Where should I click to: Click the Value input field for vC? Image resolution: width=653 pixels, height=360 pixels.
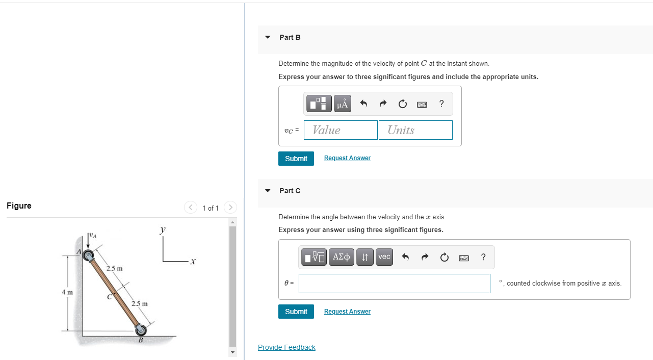[341, 130]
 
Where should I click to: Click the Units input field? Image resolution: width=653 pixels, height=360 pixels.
[415, 130]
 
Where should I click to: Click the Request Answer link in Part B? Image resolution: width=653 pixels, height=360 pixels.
[347, 158]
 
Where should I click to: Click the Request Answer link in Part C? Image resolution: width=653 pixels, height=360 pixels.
[347, 312]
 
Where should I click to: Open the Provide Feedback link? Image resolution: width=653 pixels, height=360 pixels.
[286, 347]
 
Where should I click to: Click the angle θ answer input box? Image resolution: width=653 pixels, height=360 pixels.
[394, 284]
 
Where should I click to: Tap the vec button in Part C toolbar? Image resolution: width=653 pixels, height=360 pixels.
[384, 257]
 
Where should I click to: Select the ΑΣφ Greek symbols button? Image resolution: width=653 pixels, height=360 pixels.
[341, 257]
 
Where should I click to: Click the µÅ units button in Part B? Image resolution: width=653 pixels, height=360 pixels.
[343, 104]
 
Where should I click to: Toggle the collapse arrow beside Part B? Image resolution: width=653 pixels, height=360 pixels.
[268, 37]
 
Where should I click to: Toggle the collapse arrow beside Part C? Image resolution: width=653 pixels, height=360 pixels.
[268, 191]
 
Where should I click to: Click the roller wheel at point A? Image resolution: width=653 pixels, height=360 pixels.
[90, 255]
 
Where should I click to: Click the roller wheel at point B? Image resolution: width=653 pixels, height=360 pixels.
[140, 329]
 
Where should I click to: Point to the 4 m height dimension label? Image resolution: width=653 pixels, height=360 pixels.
[67, 292]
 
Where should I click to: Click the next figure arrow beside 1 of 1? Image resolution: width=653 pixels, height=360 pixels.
[230, 208]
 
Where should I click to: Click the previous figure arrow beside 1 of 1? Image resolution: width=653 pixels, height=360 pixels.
[191, 208]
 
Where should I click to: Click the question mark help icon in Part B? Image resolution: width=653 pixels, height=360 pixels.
[441, 104]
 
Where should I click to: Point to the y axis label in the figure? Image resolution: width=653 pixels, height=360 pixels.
[163, 230]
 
